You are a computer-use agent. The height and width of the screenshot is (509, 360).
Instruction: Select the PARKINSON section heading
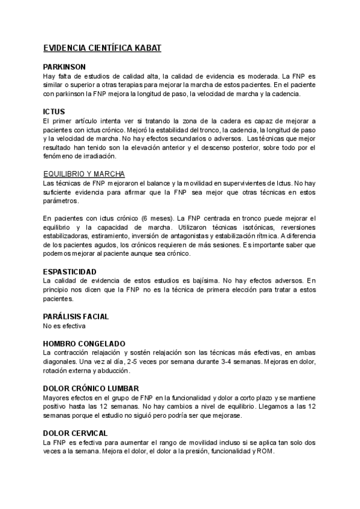point(65,67)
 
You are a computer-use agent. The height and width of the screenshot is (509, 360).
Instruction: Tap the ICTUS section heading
point(54,112)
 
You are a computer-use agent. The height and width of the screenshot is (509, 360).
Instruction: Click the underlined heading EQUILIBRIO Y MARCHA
point(84,173)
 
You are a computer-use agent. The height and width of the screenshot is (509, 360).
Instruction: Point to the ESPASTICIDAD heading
point(70,271)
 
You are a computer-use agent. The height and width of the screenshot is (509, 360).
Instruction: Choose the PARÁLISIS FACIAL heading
point(76,316)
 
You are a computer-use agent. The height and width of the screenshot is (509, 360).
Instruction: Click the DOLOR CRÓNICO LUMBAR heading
point(91,388)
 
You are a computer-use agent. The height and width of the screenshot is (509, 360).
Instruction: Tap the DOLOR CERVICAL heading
point(76,433)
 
